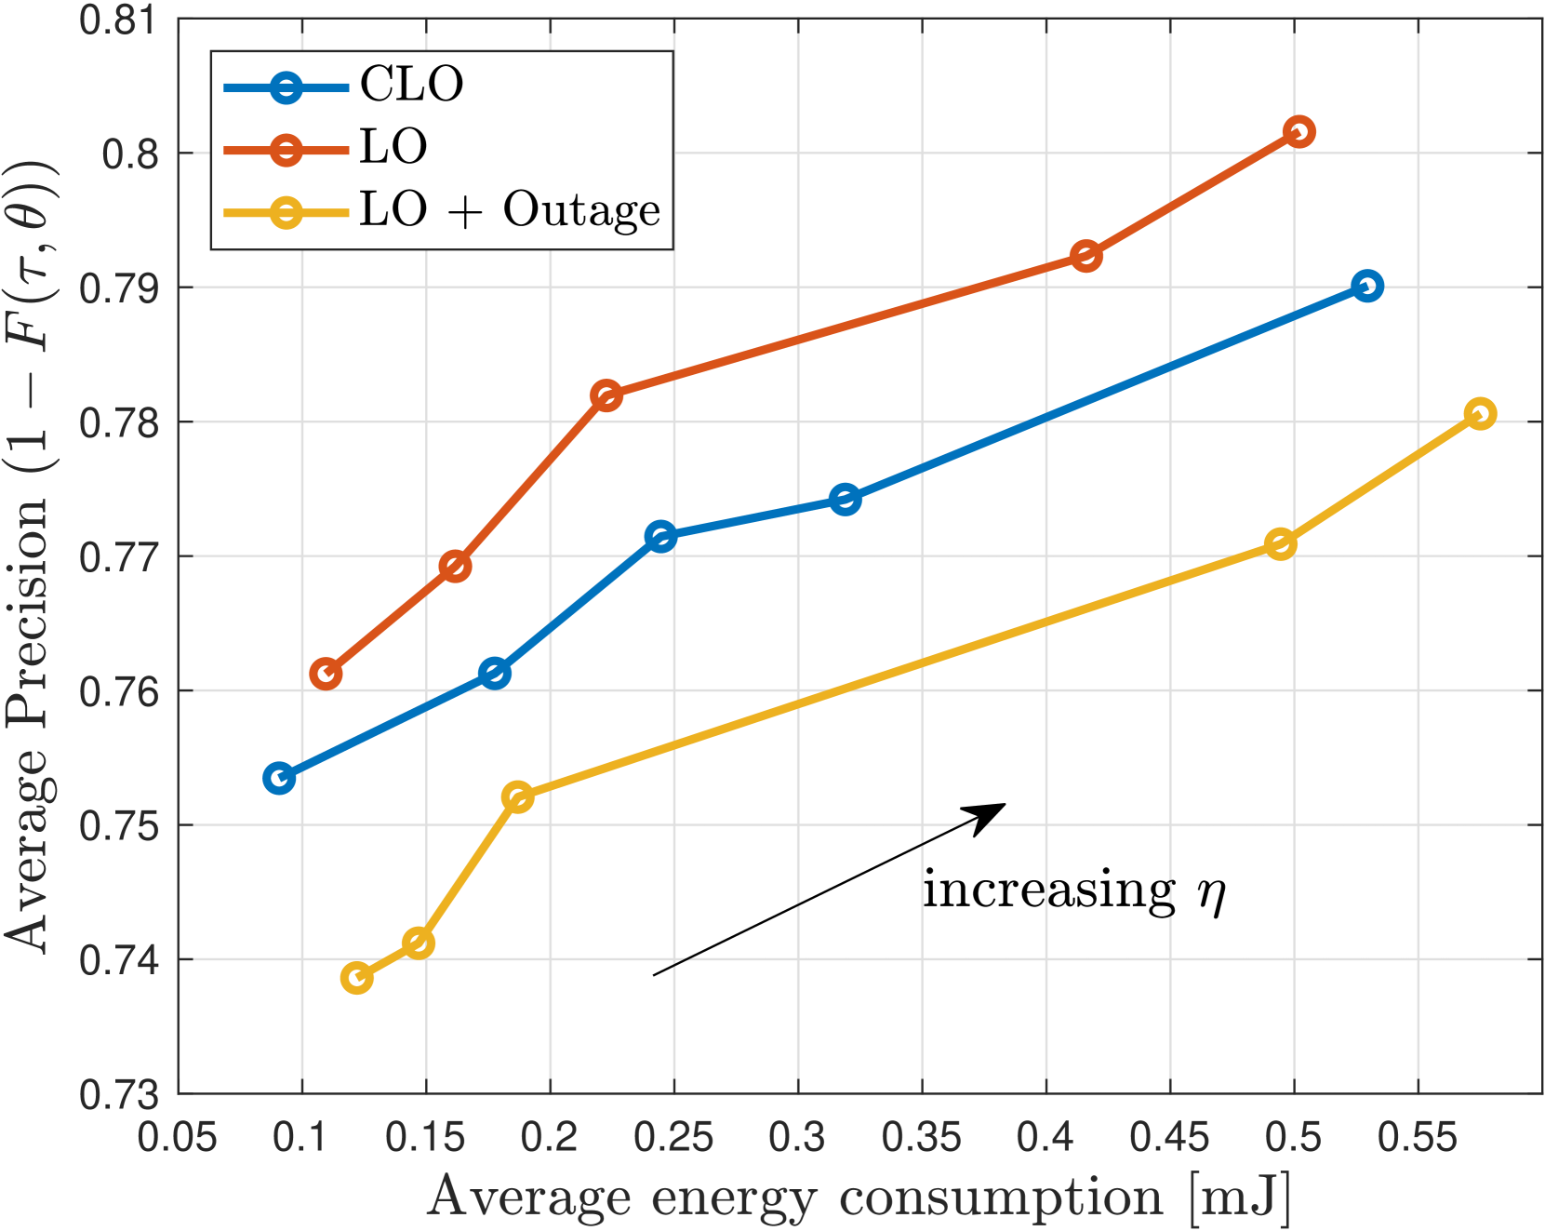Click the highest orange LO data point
pos(1299,132)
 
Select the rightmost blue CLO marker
pos(1366,286)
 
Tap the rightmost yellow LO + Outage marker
pos(1480,414)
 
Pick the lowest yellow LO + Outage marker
pos(356,977)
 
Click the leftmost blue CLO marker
pos(279,778)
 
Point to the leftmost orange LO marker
pos(325,674)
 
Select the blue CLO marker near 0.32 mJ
pos(845,500)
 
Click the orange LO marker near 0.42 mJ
pos(1085,256)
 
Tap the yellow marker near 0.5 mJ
pos(1281,544)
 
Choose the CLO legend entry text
pos(411,85)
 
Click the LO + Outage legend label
pos(510,210)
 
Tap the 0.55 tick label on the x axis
pos(1417,1137)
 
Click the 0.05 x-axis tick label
pos(178,1137)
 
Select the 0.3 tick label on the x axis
pos(797,1137)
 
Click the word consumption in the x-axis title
pos(1001,1198)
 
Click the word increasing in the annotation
pos(1049,890)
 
